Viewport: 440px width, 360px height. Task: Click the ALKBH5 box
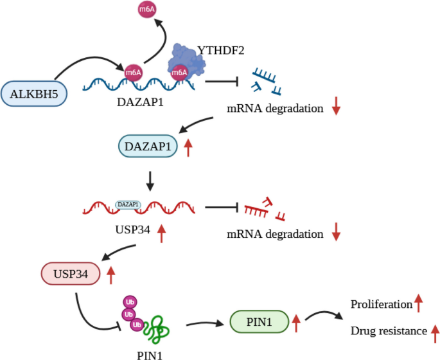tap(34, 94)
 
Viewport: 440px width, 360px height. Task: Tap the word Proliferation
tap(380, 303)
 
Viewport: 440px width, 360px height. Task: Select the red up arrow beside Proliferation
tap(418, 302)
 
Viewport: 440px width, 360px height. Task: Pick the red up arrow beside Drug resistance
tap(435, 332)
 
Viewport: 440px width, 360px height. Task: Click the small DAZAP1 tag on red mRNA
tap(128, 204)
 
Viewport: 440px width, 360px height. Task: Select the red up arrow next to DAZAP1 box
tap(188, 148)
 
